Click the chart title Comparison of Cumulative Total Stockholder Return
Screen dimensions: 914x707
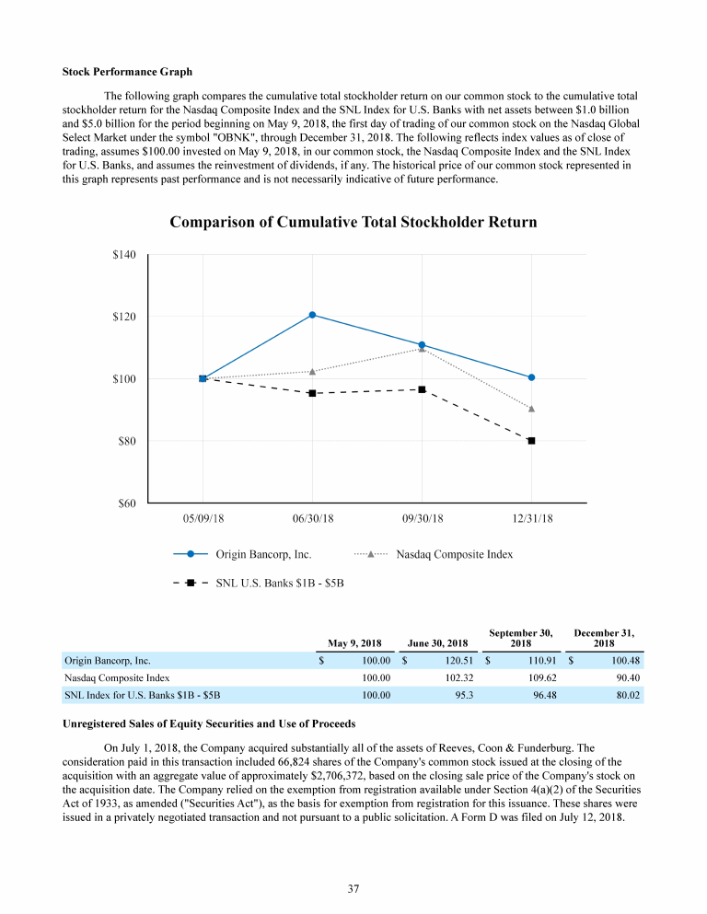353,223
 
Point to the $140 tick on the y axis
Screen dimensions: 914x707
123,255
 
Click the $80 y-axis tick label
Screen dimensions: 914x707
126,441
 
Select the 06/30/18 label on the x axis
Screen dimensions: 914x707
312,518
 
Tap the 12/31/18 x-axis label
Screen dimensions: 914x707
532,518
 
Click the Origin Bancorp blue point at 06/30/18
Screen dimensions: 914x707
312,315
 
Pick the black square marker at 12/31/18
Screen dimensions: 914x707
531,441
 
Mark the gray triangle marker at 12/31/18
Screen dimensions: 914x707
531,409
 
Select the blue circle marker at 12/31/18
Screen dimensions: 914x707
531,377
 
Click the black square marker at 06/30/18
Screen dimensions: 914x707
312,393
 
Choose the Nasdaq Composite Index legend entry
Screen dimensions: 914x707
454,554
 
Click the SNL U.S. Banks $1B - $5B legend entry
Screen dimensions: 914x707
279,583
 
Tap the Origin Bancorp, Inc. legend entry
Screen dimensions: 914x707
263,554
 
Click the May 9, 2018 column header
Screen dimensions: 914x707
354,642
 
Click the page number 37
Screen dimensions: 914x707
353,888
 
